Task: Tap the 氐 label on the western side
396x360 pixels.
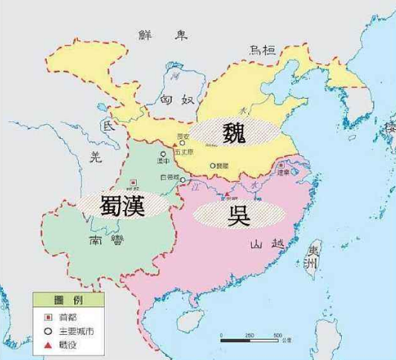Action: tap(110, 126)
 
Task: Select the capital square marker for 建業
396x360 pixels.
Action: tap(280, 165)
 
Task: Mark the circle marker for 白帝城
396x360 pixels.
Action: tap(184, 180)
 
